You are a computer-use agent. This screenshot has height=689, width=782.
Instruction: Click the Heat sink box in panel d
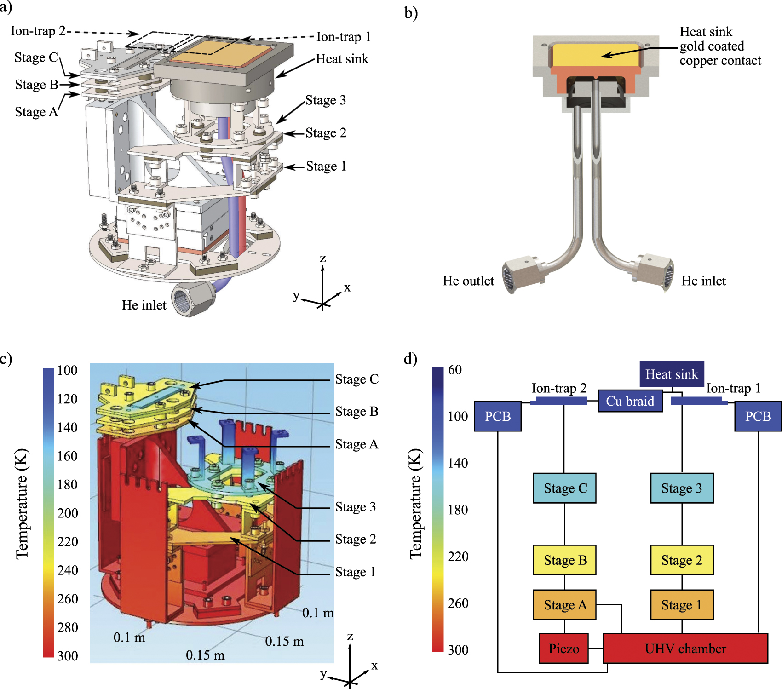click(x=672, y=374)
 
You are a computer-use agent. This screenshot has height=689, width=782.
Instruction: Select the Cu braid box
click(x=630, y=401)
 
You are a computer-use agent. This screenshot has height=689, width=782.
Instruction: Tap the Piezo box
click(x=563, y=649)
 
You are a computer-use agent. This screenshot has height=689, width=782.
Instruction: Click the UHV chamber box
click(x=685, y=649)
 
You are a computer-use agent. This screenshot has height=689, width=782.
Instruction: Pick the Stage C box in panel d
click(x=565, y=488)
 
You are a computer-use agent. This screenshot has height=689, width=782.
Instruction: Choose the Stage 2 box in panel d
click(x=682, y=560)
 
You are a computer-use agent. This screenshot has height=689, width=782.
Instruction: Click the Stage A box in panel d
click(x=565, y=605)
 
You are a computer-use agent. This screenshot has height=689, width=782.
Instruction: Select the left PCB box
click(x=498, y=416)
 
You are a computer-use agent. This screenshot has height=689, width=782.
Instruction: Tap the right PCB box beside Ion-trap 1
click(x=758, y=416)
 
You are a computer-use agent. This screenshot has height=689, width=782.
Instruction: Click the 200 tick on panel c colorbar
click(x=68, y=513)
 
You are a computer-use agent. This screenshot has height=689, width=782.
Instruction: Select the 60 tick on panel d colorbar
click(x=455, y=370)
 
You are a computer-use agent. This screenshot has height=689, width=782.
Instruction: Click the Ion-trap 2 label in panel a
click(x=38, y=31)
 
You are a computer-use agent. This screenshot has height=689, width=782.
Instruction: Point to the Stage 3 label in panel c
click(x=356, y=507)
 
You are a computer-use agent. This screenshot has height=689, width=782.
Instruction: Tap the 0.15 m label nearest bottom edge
click(x=205, y=655)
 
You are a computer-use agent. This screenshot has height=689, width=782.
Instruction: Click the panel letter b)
click(x=411, y=12)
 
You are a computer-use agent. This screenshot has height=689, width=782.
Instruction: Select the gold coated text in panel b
click(x=712, y=46)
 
